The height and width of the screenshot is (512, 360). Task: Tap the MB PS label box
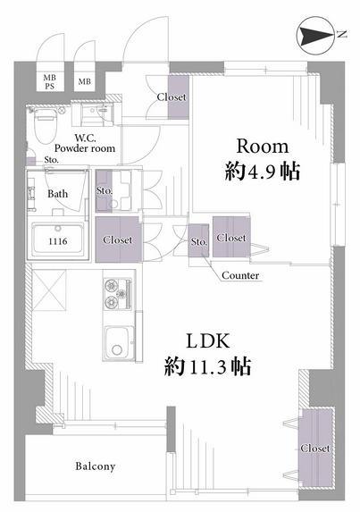pos(50,82)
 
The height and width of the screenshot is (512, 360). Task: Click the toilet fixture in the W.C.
pos(46,124)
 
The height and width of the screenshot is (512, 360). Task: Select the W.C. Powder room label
pos(85,143)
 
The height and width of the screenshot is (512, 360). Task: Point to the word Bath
pos(58,194)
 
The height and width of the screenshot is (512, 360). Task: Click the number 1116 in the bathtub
pos(58,241)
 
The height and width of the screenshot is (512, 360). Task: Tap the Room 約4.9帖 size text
pos(263,159)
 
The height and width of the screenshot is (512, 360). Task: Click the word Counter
pos(240,275)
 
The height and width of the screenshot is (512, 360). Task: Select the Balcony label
pos(96,466)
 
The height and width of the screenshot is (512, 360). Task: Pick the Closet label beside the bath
pos(118,240)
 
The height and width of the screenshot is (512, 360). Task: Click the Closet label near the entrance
pos(172,97)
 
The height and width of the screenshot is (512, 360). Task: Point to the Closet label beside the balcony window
pos(315,449)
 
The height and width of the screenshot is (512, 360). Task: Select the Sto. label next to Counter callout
pos(199,242)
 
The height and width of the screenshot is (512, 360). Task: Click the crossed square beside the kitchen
pos(49,290)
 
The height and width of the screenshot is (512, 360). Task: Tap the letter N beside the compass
pos(341,34)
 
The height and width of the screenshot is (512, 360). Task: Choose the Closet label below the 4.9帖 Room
pos(231,238)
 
